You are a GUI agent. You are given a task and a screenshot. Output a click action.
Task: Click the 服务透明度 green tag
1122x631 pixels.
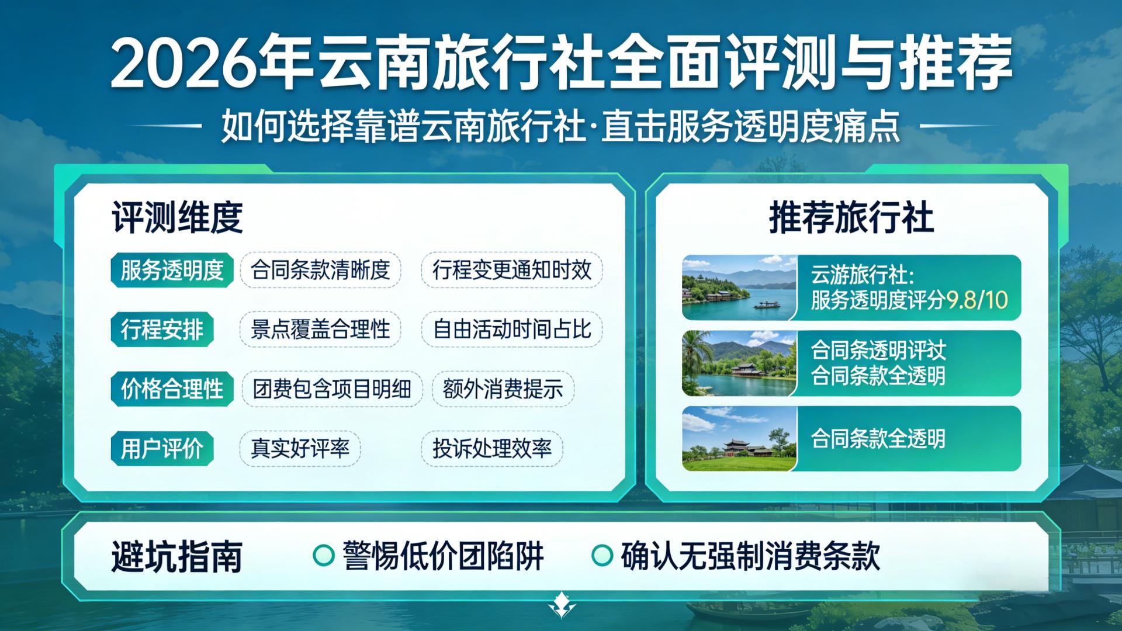[x=172, y=271]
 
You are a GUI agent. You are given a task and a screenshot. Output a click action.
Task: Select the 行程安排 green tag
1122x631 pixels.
[x=162, y=330]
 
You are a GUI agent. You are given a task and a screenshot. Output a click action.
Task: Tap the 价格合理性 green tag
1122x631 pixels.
[x=172, y=389]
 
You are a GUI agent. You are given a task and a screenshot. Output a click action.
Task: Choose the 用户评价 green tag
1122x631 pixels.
[x=162, y=449]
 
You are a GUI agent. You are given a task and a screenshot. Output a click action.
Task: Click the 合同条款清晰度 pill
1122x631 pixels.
[x=320, y=270]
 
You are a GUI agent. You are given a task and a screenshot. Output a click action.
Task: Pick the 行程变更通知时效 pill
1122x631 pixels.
[x=511, y=270]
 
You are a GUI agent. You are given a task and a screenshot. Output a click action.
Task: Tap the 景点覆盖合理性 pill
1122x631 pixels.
[x=320, y=330]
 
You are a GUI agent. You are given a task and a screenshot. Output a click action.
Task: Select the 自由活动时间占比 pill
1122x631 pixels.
[x=511, y=330]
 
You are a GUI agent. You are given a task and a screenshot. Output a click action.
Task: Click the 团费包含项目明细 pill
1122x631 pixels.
[x=332, y=389]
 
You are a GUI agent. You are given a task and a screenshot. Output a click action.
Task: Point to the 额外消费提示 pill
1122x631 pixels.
[x=503, y=389]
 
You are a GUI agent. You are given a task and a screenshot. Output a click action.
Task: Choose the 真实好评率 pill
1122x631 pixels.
[x=300, y=449]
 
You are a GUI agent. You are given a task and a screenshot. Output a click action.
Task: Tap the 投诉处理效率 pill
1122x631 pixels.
[x=491, y=449]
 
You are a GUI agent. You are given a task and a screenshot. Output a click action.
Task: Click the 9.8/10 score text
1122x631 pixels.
[x=976, y=300]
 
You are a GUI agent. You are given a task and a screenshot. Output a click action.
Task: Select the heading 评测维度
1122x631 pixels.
[x=177, y=217]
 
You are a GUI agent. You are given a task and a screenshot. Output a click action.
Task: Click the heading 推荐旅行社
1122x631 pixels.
[x=851, y=217]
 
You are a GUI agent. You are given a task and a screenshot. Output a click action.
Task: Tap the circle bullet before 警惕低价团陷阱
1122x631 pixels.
[x=323, y=556]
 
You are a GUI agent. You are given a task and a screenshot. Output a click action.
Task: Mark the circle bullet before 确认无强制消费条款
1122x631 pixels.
[x=602, y=556]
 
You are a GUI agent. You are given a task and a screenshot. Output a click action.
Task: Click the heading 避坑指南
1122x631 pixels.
[x=177, y=556]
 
